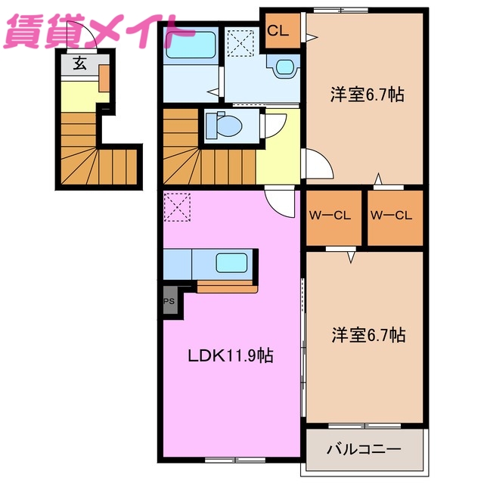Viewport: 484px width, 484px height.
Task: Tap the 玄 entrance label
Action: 79,64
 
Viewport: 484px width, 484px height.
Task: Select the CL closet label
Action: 278,31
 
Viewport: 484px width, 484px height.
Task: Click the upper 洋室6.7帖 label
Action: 366,95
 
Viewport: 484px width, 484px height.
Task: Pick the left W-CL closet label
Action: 329,215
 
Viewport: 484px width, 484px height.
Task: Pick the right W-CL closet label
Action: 391,215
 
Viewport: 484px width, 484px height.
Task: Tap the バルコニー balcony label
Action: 363,449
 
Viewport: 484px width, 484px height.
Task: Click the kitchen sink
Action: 231,263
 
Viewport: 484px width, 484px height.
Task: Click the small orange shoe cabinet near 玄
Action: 104,78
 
